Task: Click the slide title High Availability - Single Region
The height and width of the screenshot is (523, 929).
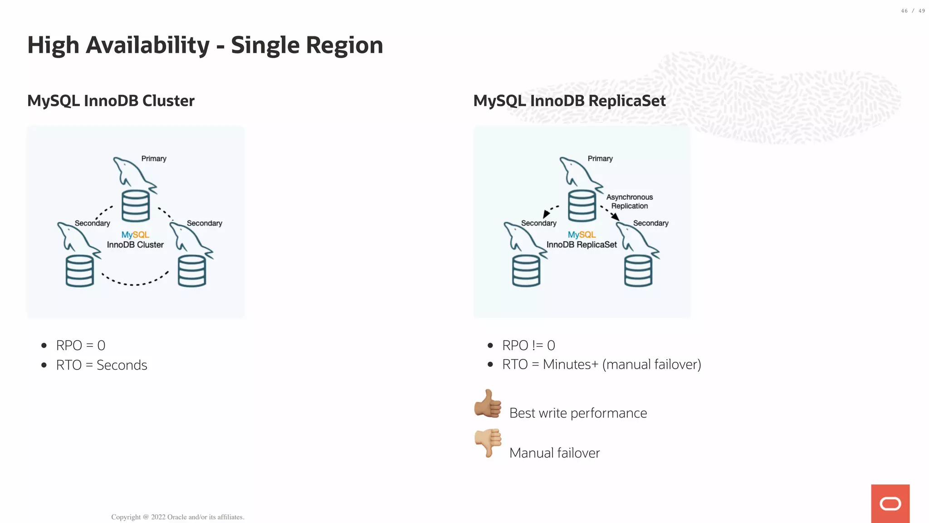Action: pos(205,45)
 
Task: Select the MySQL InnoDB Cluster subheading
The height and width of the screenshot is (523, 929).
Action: pos(111,101)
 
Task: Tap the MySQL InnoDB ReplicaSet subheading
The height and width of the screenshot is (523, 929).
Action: pos(569,101)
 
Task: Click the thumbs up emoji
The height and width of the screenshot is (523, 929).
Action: pos(488,404)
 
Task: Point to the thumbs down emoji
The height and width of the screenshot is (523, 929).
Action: pos(488,443)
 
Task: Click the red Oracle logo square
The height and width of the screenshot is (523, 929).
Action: pos(890,503)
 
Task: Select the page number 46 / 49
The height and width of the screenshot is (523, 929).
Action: pos(913,11)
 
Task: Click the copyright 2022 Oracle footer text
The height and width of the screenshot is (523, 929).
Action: pos(178,517)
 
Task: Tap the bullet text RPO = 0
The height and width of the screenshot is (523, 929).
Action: pos(81,345)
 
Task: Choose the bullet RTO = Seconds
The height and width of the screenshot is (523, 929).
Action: pos(102,365)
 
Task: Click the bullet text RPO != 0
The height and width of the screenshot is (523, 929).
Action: pos(528,345)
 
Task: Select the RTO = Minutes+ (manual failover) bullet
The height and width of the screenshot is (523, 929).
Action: pos(601,365)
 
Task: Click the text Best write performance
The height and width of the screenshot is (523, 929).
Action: pos(578,413)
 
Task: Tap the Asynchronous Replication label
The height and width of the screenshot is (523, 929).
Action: pos(630,202)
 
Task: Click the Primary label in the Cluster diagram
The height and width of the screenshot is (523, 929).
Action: pos(154,158)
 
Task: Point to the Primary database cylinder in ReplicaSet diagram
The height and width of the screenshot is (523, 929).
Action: pos(582,206)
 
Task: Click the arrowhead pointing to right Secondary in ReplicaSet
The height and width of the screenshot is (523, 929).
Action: pos(615,217)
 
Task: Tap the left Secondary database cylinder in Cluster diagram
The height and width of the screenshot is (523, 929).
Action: pos(80,271)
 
